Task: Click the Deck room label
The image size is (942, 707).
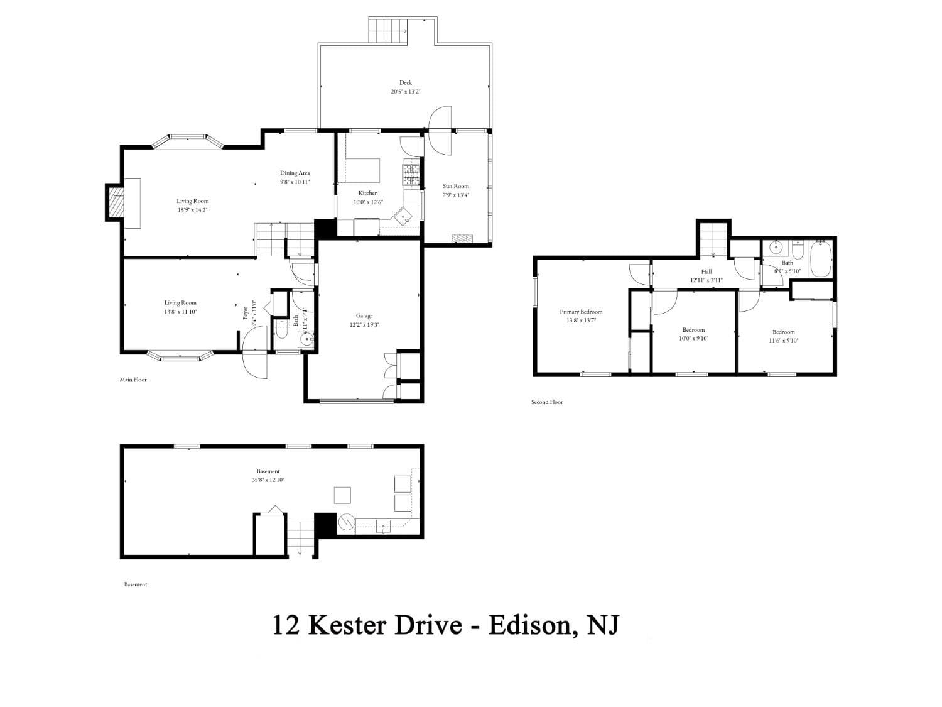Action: click(x=405, y=82)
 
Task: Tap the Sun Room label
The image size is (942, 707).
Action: click(x=455, y=186)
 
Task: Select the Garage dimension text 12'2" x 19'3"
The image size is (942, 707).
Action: click(x=364, y=325)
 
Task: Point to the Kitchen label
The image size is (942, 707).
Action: click(x=368, y=193)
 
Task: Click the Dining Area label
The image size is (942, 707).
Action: click(x=295, y=173)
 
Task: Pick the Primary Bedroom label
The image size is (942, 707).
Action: click(x=581, y=312)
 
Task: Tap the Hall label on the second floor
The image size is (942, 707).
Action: click(x=706, y=271)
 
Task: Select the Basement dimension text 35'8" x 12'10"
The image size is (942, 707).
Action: click(x=268, y=480)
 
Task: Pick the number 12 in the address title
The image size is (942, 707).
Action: click(x=285, y=625)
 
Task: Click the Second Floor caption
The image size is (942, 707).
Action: click(x=547, y=402)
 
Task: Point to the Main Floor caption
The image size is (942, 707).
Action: click(x=133, y=380)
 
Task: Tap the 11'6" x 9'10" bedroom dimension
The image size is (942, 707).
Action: click(x=783, y=341)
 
